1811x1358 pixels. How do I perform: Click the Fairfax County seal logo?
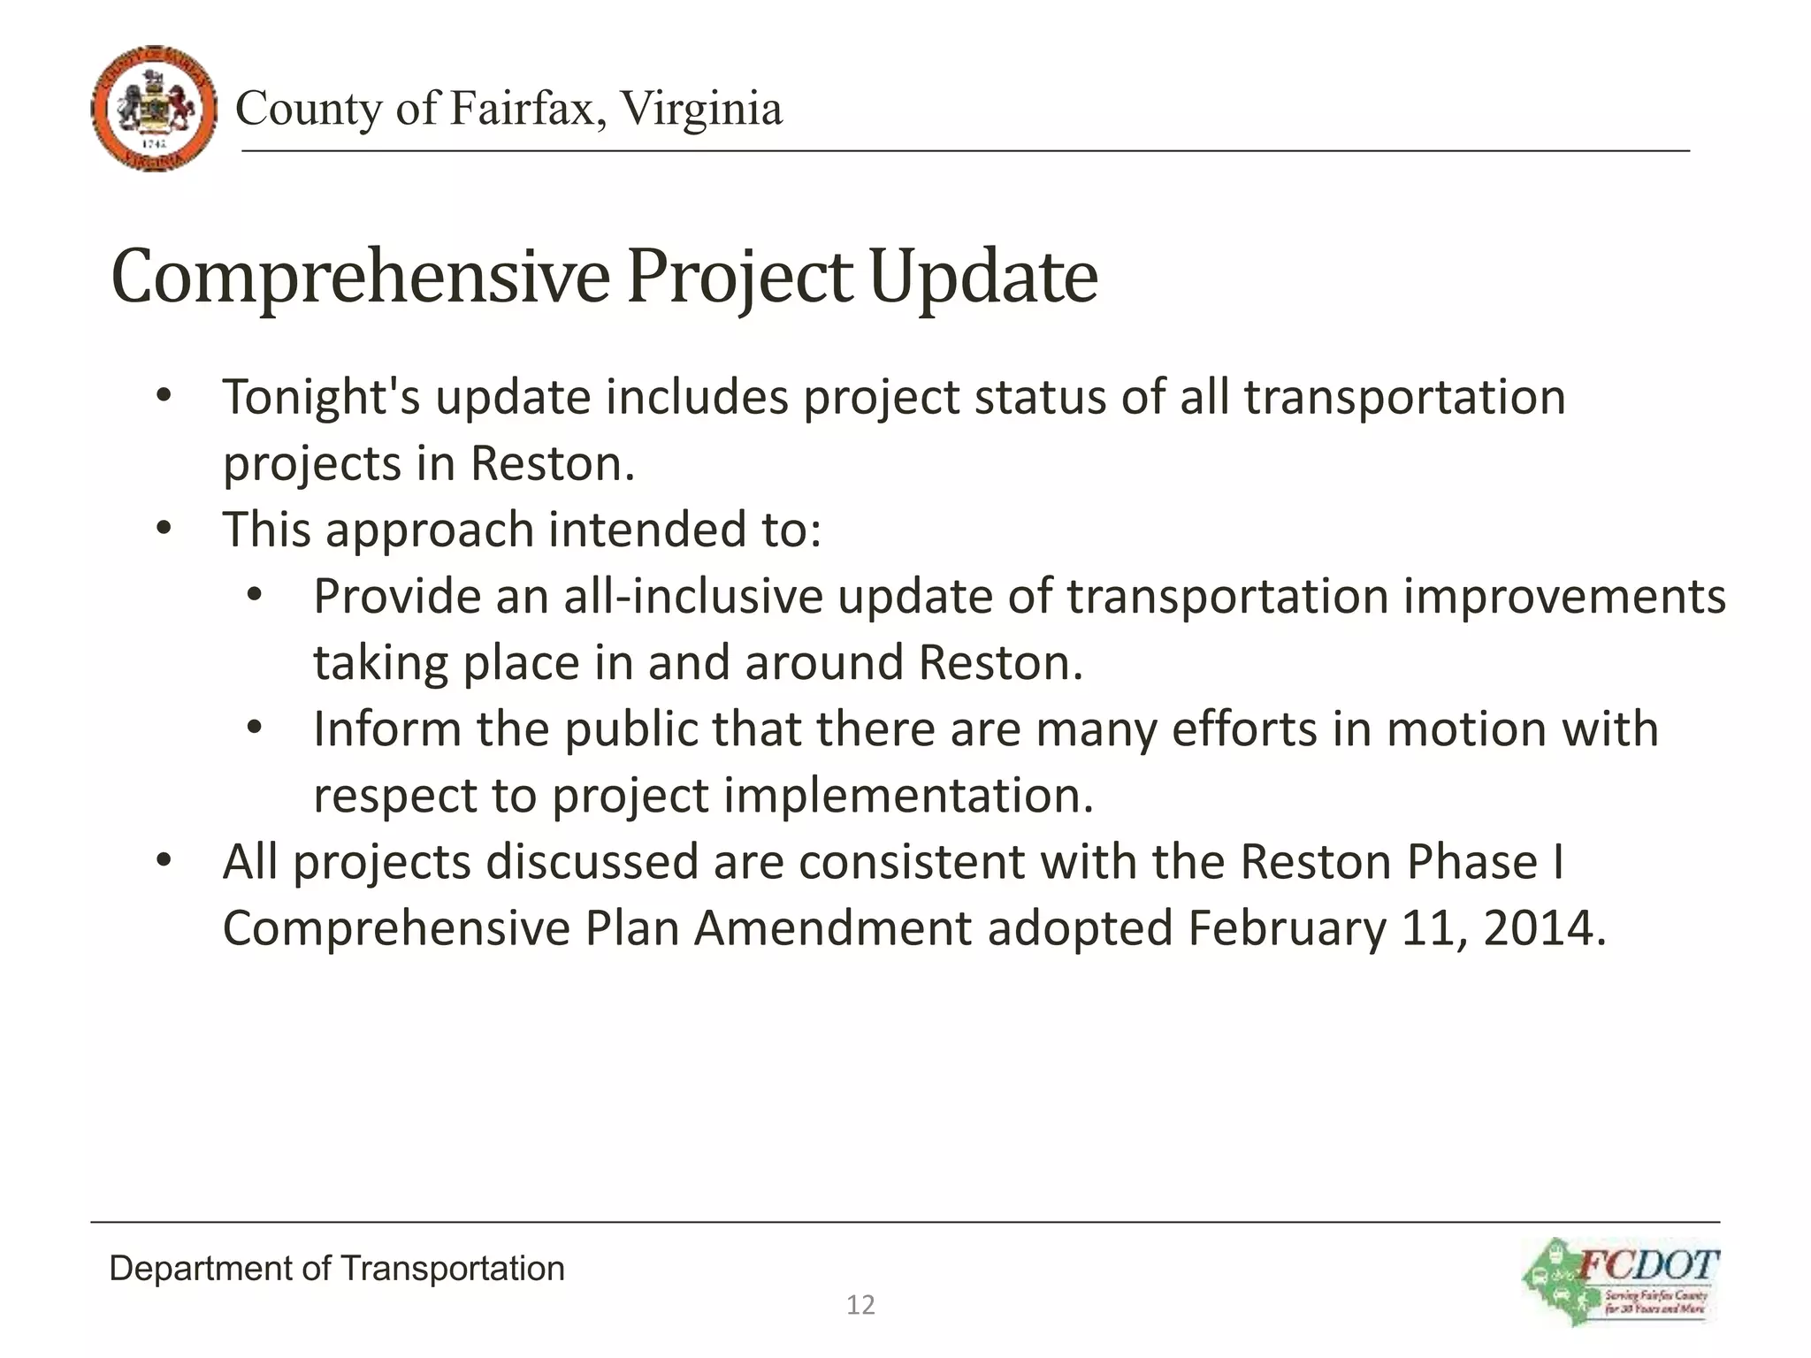coord(154,109)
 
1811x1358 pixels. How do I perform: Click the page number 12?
coord(860,1305)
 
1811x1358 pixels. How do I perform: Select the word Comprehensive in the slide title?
coord(360,278)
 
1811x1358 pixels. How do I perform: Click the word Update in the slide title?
coord(983,278)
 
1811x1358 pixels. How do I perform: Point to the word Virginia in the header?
coord(700,109)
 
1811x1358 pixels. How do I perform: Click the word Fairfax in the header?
coord(527,109)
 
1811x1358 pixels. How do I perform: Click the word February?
coord(1287,928)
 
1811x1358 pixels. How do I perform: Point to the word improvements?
coord(1564,596)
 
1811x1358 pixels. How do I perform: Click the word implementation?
coord(909,796)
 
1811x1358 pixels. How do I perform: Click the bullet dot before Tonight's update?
coord(164,397)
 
